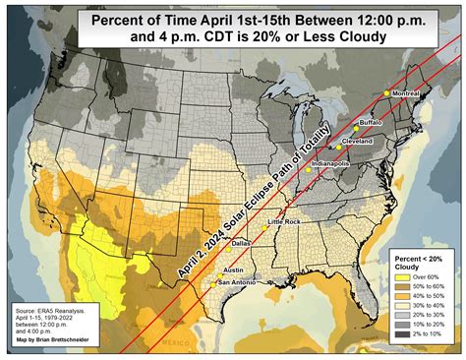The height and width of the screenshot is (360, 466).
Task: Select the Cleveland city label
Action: click(x=357, y=141)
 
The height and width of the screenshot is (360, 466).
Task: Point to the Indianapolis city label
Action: click(x=330, y=164)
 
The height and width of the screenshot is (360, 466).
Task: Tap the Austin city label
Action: click(x=234, y=270)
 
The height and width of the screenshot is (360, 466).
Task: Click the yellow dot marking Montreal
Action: click(x=386, y=93)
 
